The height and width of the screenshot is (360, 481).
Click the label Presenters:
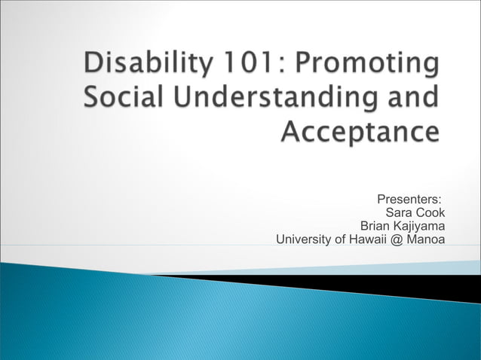pos(409,200)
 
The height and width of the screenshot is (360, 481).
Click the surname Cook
pos(430,213)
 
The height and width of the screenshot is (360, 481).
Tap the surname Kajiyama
pos(418,227)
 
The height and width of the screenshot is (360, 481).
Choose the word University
pos(305,240)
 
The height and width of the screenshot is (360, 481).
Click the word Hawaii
pos(366,240)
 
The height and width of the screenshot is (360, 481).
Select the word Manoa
pos(426,240)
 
